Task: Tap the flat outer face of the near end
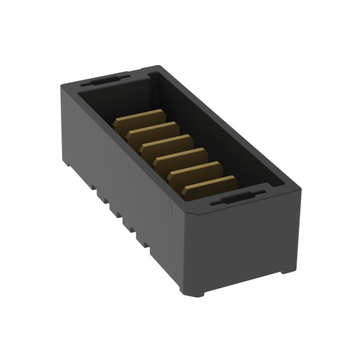pos(243,243)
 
